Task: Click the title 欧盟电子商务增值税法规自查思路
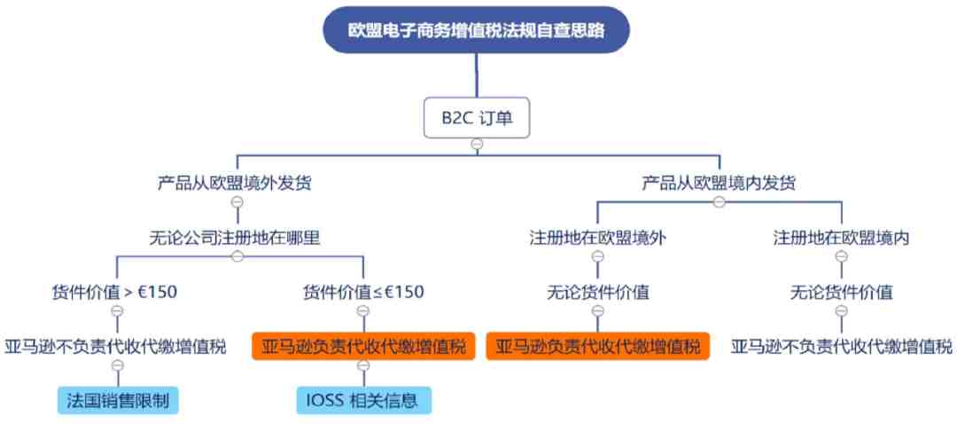pos(476,30)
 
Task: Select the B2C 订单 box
pos(477,117)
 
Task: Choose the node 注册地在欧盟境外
pos(597,238)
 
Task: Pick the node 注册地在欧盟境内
pos(841,238)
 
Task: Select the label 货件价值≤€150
pos(363,292)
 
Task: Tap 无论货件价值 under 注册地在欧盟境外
pos(597,292)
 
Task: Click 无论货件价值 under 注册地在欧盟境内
pos(841,292)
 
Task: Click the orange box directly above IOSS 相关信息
pos(363,347)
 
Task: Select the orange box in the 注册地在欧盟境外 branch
pos(597,347)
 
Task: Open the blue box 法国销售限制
pos(119,401)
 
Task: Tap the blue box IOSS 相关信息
pos(363,401)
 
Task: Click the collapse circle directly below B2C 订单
pos(478,145)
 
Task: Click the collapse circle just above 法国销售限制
pos(118,365)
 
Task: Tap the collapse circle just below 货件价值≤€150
pos(363,310)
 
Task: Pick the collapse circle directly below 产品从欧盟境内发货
pos(719,201)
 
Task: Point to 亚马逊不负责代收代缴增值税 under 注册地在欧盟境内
pos(841,347)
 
